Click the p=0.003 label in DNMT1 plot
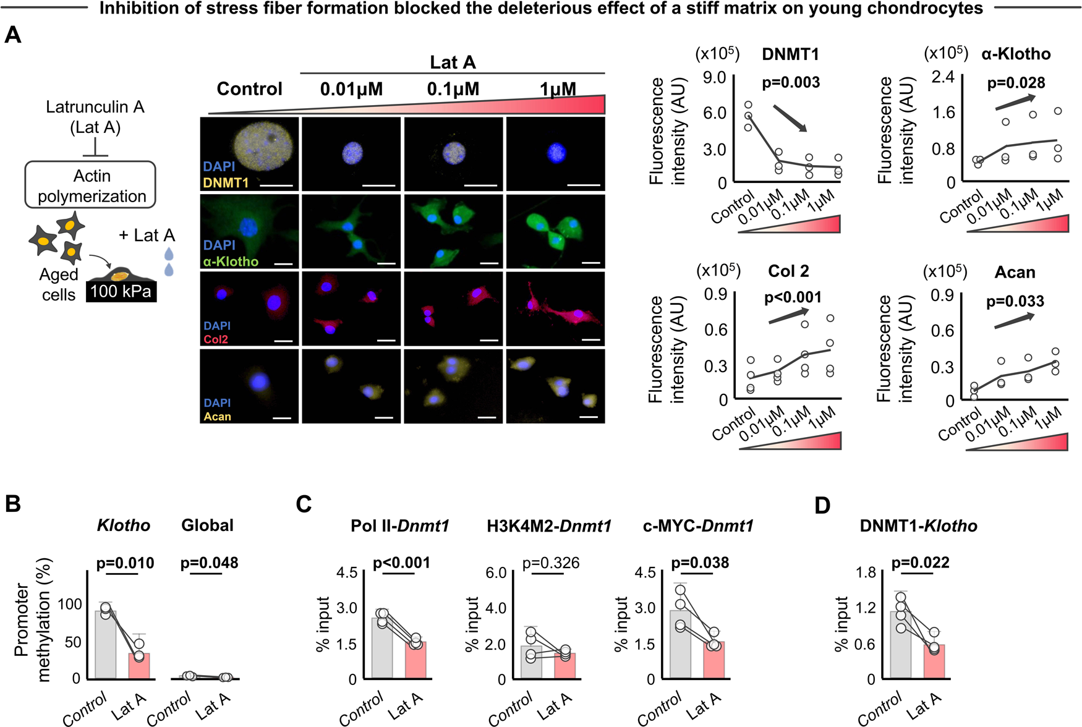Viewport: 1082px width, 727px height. tap(790, 83)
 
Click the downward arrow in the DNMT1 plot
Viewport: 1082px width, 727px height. tap(790, 118)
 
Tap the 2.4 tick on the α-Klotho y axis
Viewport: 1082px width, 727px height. tap(944, 77)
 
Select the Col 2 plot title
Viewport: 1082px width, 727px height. tap(788, 271)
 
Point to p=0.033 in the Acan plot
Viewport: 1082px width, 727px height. tap(1015, 302)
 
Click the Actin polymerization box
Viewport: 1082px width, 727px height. tap(90, 185)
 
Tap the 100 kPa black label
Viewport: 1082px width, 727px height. tap(121, 291)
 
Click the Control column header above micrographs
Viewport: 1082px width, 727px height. tap(249, 89)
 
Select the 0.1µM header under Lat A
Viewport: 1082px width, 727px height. tap(453, 90)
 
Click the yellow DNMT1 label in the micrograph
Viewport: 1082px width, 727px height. tap(226, 182)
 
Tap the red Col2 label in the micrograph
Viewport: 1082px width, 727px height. tap(216, 339)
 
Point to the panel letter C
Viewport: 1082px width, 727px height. tap(304, 504)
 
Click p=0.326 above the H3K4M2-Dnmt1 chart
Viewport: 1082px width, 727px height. tap(550, 563)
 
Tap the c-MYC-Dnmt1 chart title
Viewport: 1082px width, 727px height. tap(698, 526)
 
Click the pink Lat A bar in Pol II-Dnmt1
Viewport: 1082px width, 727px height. tap(415, 661)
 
